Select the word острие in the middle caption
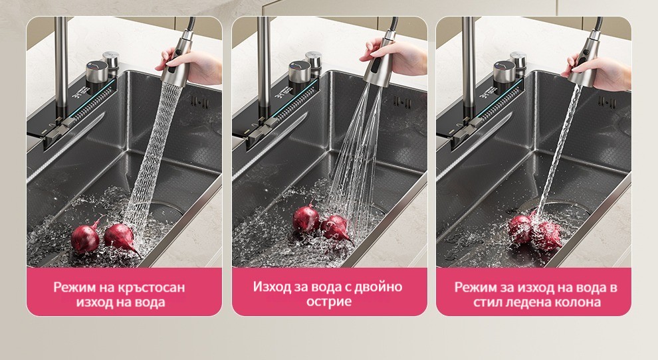click(x=329, y=302)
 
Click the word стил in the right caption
click(x=488, y=302)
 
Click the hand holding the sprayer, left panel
click(x=193, y=66)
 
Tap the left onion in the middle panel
click(x=306, y=218)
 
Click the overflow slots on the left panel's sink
click(x=197, y=101)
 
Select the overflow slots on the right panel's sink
click(x=606, y=101)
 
